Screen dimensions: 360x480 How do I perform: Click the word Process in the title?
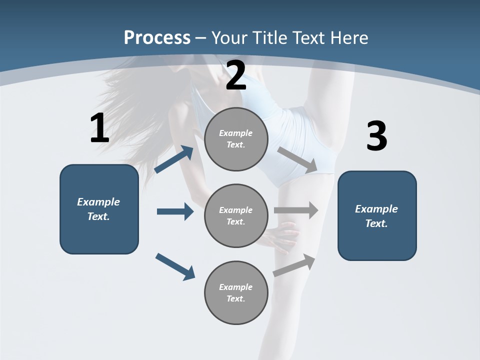pos(157,38)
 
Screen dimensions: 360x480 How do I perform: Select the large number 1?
pos(99,128)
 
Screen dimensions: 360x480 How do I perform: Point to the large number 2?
pos(236,76)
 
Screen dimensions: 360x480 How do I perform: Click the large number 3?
pos(376,136)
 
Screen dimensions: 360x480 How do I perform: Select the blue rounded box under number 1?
pos(99,209)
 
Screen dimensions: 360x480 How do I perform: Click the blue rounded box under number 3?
pos(377,215)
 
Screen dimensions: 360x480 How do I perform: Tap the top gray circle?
pos(236,139)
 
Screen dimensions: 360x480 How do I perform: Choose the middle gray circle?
pos(236,215)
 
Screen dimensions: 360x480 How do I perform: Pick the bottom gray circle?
pos(236,292)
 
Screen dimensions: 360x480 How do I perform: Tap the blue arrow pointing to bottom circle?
pos(175,266)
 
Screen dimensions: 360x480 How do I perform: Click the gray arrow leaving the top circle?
pos(297,160)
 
